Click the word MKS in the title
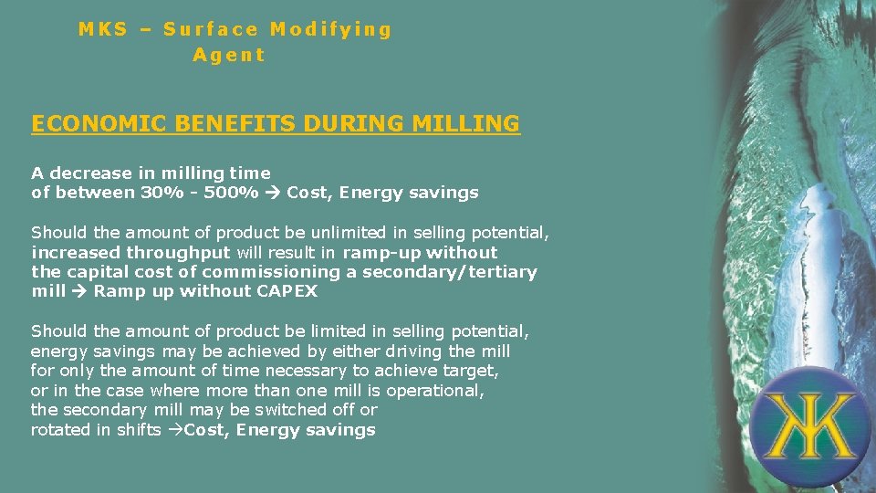coord(102,29)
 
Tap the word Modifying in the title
coord(330,29)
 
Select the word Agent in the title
coord(229,55)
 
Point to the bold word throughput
coord(178,253)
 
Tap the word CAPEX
coord(287,292)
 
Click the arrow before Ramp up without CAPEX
coord(80,292)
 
